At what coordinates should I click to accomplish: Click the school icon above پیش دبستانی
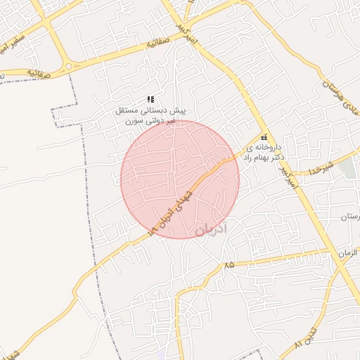(150, 101)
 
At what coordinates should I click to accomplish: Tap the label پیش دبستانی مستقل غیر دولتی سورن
(151, 116)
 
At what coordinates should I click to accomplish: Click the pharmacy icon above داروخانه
(264, 139)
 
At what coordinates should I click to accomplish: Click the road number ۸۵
(229, 265)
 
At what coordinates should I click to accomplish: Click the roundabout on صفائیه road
(68, 67)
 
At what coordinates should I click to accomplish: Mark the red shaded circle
(180, 179)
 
